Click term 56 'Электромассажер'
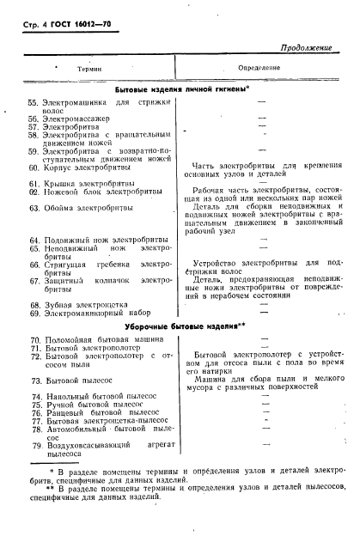[78, 119]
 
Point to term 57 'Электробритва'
[73, 127]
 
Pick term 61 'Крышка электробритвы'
[89, 182]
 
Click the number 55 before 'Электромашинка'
[34, 102]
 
